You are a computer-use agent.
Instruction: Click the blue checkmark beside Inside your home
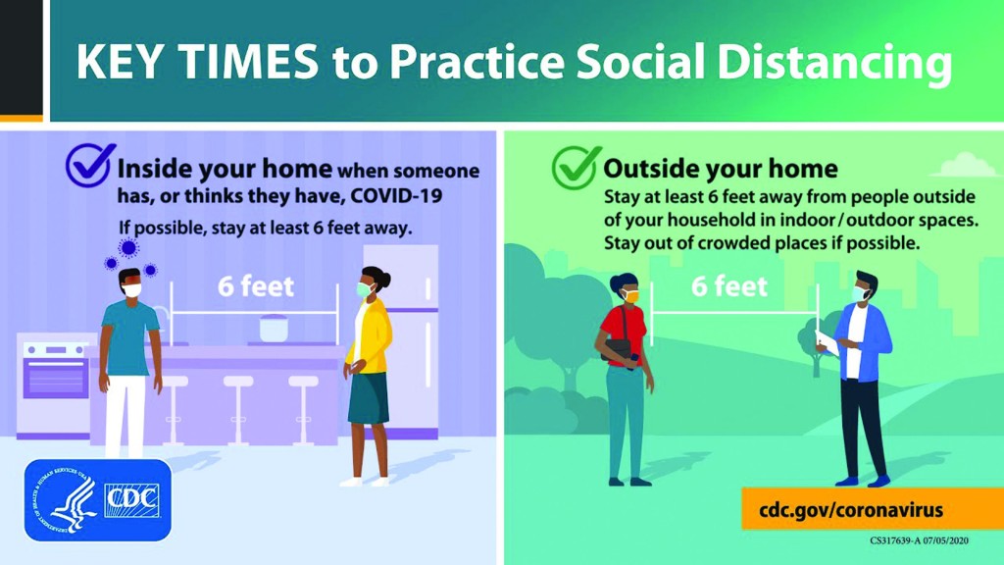tap(90, 165)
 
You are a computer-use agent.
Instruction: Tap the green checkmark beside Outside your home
tap(577, 167)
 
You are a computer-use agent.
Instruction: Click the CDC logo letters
tap(132, 500)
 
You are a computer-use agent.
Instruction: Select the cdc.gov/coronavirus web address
tap(851, 510)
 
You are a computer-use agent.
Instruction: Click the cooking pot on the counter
tap(274, 328)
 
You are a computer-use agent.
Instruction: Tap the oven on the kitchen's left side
tap(55, 385)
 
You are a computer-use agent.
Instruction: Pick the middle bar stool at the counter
tap(238, 410)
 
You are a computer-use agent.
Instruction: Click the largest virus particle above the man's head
tap(128, 247)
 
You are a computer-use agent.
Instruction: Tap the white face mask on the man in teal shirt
tap(132, 290)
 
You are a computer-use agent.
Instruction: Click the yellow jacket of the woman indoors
tap(370, 336)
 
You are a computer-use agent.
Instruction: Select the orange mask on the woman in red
tap(630, 296)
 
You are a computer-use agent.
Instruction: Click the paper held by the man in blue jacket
tap(826, 343)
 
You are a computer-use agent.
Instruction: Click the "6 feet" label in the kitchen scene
tap(256, 286)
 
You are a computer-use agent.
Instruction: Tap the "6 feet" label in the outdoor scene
tap(729, 286)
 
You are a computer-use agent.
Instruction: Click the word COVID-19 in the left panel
tap(396, 195)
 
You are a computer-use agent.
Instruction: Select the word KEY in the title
tap(120, 61)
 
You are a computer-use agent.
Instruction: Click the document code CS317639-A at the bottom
tap(895, 540)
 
